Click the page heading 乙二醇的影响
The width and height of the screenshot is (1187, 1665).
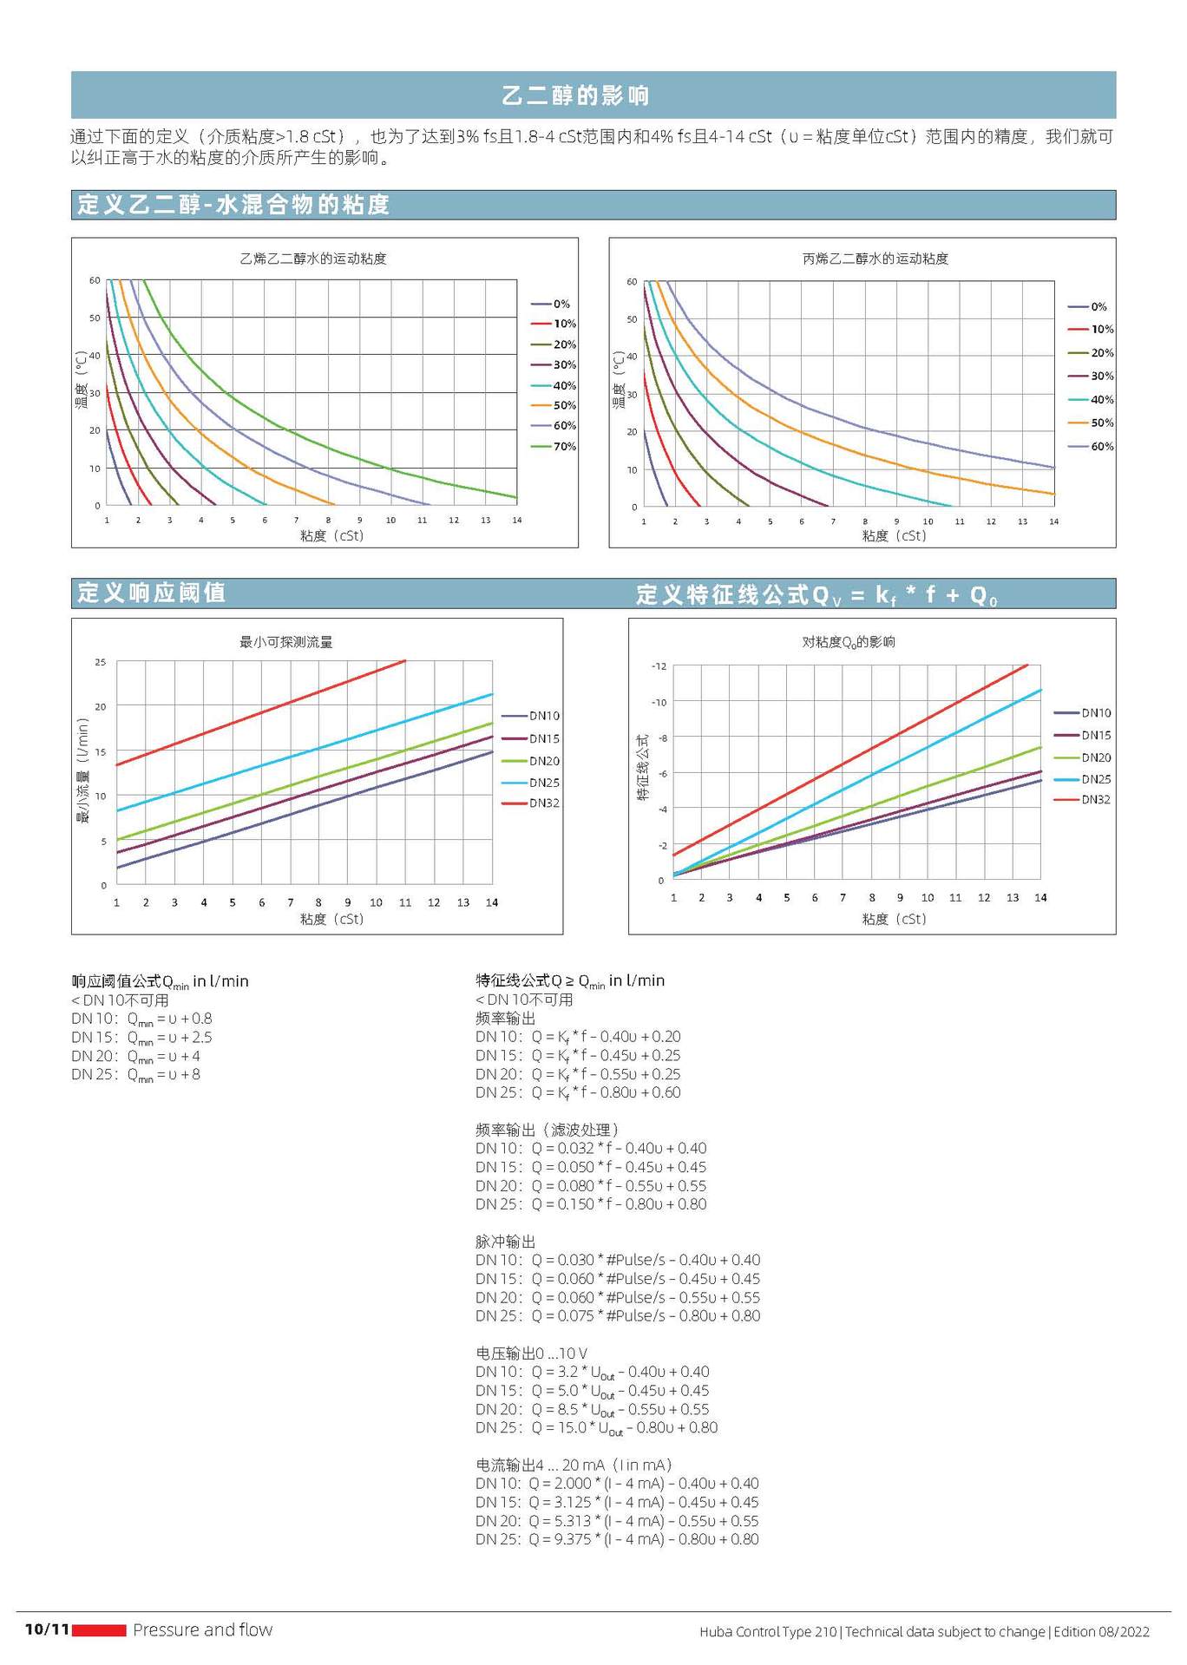point(575,95)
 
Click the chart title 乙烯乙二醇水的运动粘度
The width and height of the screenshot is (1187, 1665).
point(312,259)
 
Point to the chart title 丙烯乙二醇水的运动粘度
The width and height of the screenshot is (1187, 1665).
point(875,259)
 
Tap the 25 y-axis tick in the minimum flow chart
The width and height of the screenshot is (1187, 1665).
point(101,662)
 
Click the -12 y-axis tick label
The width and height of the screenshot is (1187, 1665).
point(659,666)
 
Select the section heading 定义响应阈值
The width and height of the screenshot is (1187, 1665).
point(151,593)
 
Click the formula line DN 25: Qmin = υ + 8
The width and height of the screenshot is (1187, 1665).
point(135,1074)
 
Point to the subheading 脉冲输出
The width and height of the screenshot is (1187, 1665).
point(505,1241)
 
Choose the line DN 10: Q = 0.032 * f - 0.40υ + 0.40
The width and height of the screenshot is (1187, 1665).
point(590,1148)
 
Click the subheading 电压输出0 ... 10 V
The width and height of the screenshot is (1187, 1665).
point(531,1353)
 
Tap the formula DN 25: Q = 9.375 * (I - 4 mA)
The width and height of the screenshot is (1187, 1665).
point(616,1538)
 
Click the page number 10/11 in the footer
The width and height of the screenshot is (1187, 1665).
point(47,1629)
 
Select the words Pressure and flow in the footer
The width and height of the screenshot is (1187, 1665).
point(202,1629)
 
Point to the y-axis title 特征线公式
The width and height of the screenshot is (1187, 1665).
point(642,767)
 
